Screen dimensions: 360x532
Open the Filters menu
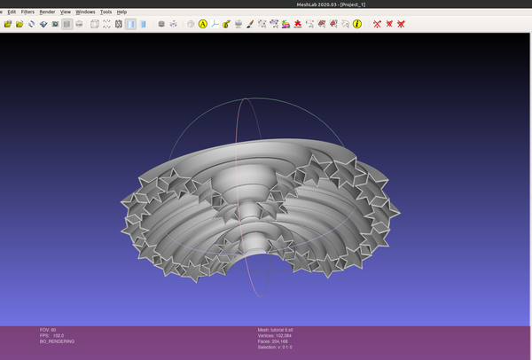[x=28, y=12]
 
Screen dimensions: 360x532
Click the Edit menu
[x=11, y=12]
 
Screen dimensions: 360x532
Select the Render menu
[x=48, y=12]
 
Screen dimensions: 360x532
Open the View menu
[x=66, y=12]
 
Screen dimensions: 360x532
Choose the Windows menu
[x=85, y=12]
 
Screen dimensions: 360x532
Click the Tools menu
[x=106, y=12]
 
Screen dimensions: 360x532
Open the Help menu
[x=122, y=12]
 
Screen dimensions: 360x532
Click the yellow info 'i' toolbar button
[x=356, y=24]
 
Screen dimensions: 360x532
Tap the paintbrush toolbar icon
[x=250, y=24]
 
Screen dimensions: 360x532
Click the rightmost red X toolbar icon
[x=401, y=24]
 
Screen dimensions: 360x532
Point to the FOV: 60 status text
[x=48, y=330]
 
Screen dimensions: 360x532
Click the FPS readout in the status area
[x=51, y=335]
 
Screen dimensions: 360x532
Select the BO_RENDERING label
[x=57, y=341]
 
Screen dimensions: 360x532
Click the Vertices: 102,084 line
[x=275, y=335]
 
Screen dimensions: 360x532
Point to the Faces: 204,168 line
[x=274, y=341]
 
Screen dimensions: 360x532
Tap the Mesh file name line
[x=275, y=330]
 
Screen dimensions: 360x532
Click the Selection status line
[x=275, y=347]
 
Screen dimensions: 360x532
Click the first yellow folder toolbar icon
[x=8, y=24]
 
